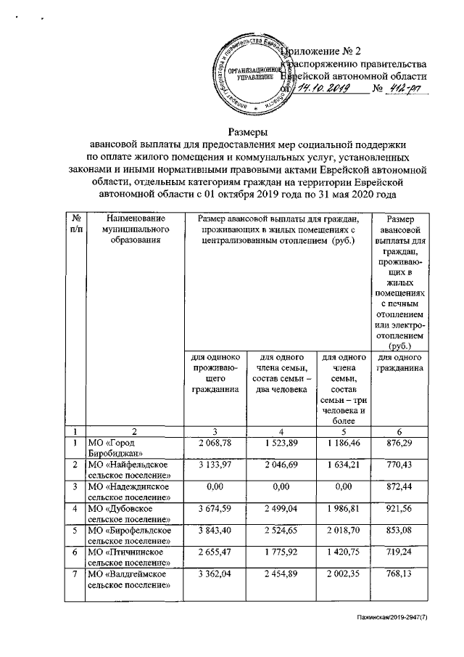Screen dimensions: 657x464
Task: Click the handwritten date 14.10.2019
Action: (x=324, y=88)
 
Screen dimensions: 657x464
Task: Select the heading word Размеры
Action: (x=249, y=131)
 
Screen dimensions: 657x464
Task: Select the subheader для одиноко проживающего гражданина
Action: (x=215, y=373)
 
